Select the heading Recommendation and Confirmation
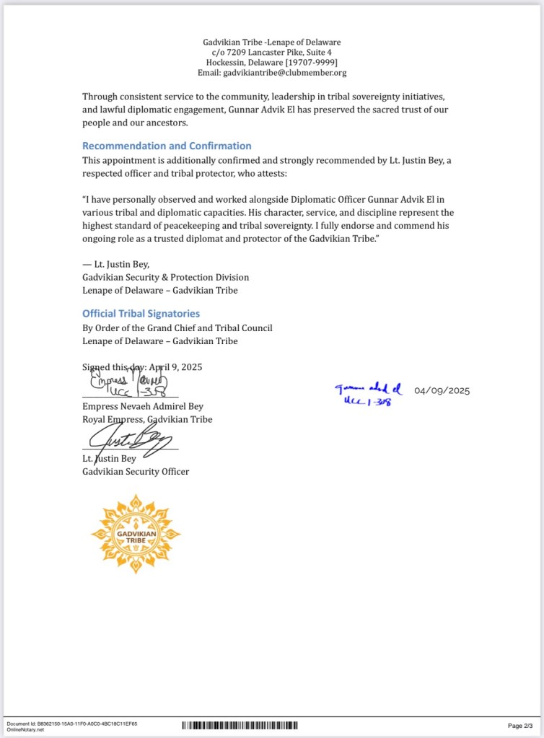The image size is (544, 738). coord(167,146)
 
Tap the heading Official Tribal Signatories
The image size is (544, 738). coord(141,314)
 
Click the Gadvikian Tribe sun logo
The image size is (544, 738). coord(136,534)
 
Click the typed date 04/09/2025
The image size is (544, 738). coord(442,391)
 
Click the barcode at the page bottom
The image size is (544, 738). coord(239,725)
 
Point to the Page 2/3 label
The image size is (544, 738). coord(520,725)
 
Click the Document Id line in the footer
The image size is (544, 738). coord(71,723)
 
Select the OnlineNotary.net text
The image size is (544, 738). coord(25,729)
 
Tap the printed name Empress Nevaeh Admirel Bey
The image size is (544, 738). coord(143,406)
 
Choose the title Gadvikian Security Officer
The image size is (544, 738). coord(136,472)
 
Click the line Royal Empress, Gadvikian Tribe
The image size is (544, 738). coord(147,419)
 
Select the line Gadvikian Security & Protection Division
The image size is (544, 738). coord(165,277)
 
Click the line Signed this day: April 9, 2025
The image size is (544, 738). coord(142,366)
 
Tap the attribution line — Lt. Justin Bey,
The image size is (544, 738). coord(115,264)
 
